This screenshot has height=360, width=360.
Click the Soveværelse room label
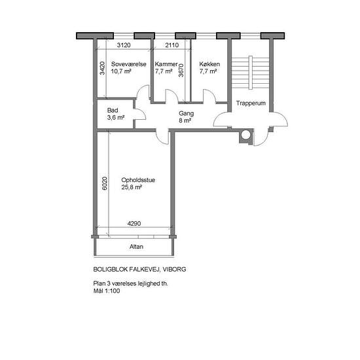click(x=128, y=64)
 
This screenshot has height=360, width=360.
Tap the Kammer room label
click(x=166, y=64)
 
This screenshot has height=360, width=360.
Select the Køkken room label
click(x=209, y=64)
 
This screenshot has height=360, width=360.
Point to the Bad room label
click(x=113, y=110)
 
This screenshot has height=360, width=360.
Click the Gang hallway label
click(x=186, y=113)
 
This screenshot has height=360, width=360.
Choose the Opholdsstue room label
click(x=138, y=180)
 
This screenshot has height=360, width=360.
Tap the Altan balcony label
click(x=136, y=247)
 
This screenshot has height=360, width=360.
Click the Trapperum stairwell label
click(x=251, y=103)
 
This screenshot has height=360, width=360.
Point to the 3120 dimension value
click(x=124, y=45)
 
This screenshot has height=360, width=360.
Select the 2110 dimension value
click(x=172, y=45)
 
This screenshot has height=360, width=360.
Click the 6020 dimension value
click(x=105, y=183)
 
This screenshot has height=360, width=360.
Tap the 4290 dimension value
click(x=134, y=223)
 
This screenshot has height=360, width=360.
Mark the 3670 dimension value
click(x=181, y=70)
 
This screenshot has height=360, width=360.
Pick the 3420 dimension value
click(x=102, y=68)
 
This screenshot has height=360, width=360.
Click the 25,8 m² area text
click(x=132, y=187)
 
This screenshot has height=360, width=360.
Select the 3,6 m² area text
click(x=116, y=118)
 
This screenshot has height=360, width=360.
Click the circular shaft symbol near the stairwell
click(x=246, y=135)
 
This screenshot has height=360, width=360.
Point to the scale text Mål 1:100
click(x=107, y=291)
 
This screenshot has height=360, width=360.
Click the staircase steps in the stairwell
click(x=250, y=72)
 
